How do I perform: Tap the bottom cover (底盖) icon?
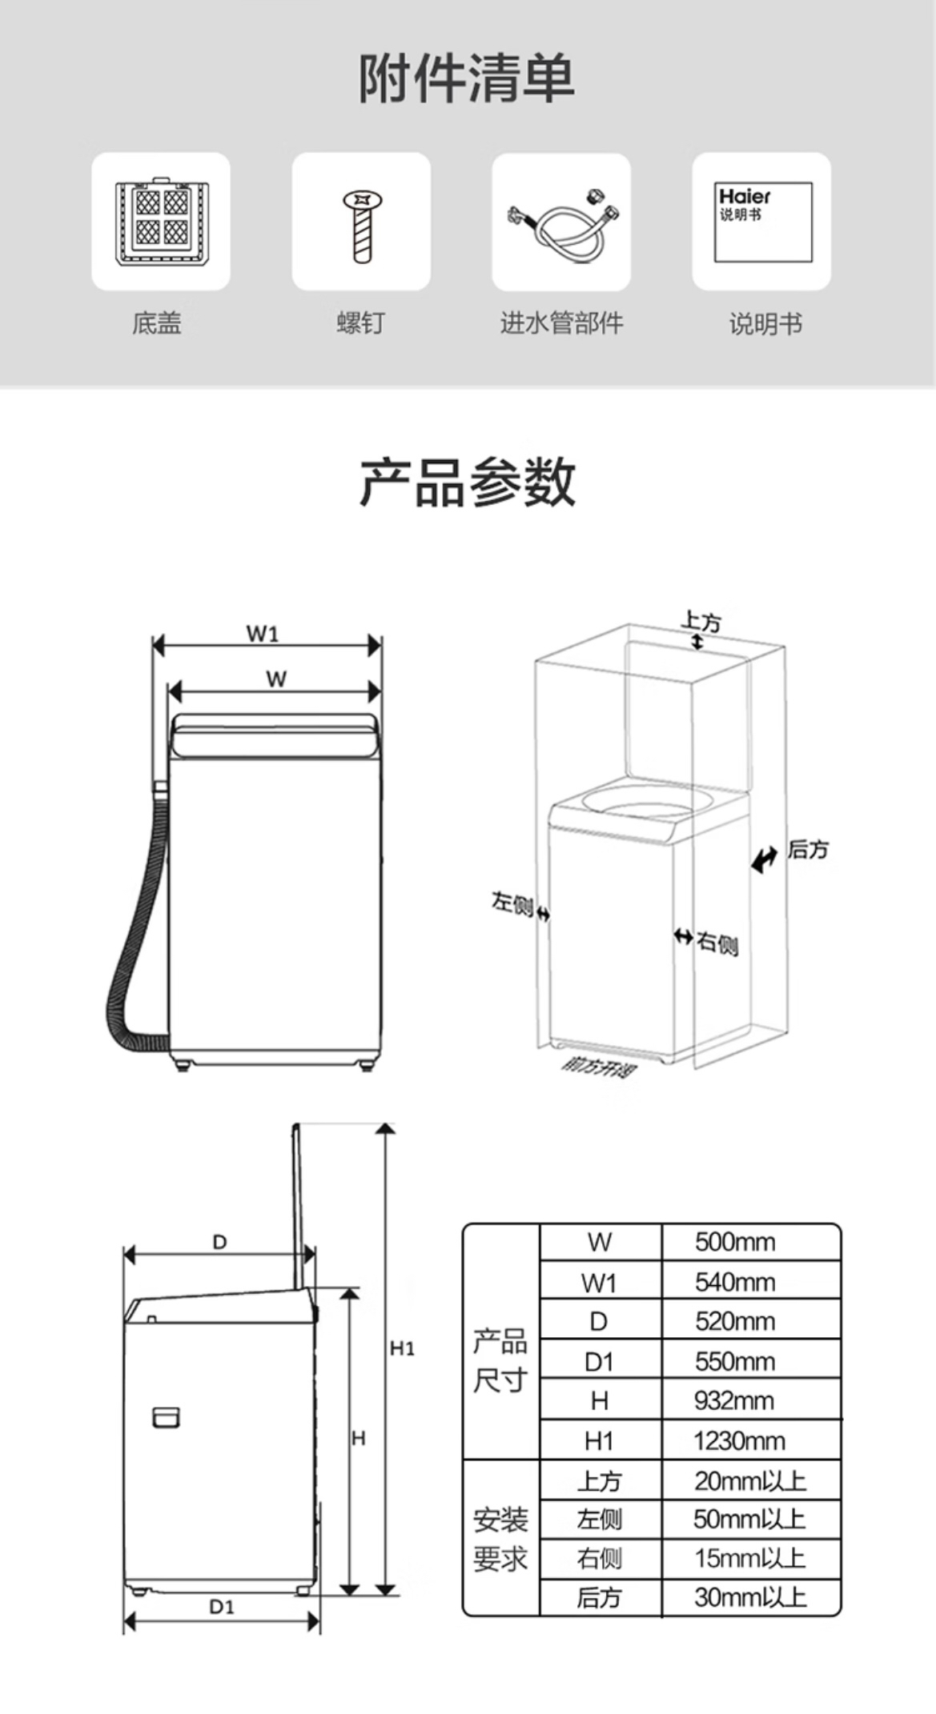coord(161,221)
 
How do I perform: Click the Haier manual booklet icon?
coord(762,222)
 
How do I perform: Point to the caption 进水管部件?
coord(561,323)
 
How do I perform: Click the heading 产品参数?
coord(468,482)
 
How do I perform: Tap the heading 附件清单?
coord(467,78)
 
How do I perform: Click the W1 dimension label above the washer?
coord(263,634)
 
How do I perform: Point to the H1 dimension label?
coord(402,1348)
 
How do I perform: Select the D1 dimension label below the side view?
coord(222,1607)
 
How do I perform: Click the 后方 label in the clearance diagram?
coord(807,849)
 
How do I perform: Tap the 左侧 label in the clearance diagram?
coord(512,904)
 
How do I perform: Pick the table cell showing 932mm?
coord(734,1400)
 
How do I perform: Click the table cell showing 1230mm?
coord(739,1440)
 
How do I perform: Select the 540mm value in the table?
coord(735,1282)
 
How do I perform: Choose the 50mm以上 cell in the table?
coord(749,1519)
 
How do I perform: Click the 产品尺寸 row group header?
coord(500,1360)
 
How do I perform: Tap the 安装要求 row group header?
coord(500,1538)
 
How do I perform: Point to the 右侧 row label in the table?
coord(599,1558)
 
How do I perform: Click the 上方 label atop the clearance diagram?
coord(701,622)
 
